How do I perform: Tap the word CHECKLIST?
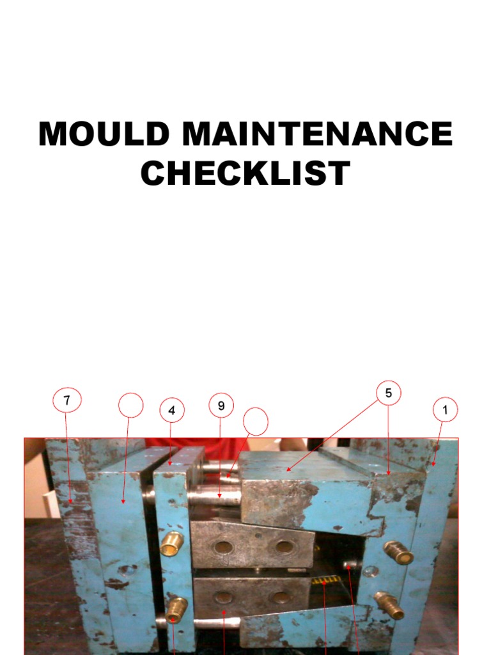click(x=245, y=173)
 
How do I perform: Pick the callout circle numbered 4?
click(x=172, y=411)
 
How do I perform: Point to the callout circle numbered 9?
click(x=221, y=405)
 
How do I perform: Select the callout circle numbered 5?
click(x=388, y=393)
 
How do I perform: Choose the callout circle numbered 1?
click(x=445, y=409)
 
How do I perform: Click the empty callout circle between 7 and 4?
click(x=130, y=405)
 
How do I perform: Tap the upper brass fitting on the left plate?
click(x=172, y=544)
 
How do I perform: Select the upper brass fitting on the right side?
click(x=398, y=553)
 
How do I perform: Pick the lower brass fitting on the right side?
click(x=390, y=604)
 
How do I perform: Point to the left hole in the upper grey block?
click(x=224, y=548)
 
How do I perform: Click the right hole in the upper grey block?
click(x=282, y=548)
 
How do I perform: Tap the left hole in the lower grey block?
click(x=222, y=598)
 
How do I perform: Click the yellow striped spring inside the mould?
click(x=325, y=581)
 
